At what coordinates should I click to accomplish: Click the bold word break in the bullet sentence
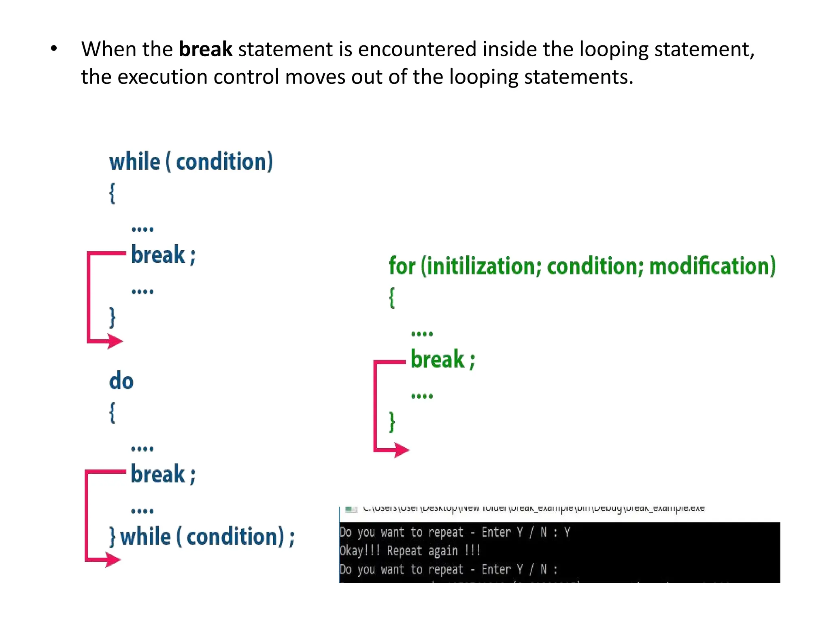[205, 49]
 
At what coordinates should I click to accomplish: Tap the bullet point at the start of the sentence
[54, 49]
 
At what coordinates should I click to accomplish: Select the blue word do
[121, 381]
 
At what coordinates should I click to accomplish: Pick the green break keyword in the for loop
[438, 359]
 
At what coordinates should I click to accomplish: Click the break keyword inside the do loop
[158, 474]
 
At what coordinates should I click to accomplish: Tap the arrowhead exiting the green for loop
[402, 450]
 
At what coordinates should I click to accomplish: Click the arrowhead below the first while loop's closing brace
[115, 341]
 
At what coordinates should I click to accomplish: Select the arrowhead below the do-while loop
[113, 560]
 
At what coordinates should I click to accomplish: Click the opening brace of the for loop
[392, 298]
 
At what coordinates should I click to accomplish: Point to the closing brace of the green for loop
[391, 422]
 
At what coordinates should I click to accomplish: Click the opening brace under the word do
[112, 413]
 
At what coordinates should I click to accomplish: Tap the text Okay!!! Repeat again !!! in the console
[410, 551]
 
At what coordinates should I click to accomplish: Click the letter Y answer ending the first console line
[567, 532]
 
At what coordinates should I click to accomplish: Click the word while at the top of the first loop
[134, 162]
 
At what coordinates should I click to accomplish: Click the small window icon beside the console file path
[351, 509]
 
